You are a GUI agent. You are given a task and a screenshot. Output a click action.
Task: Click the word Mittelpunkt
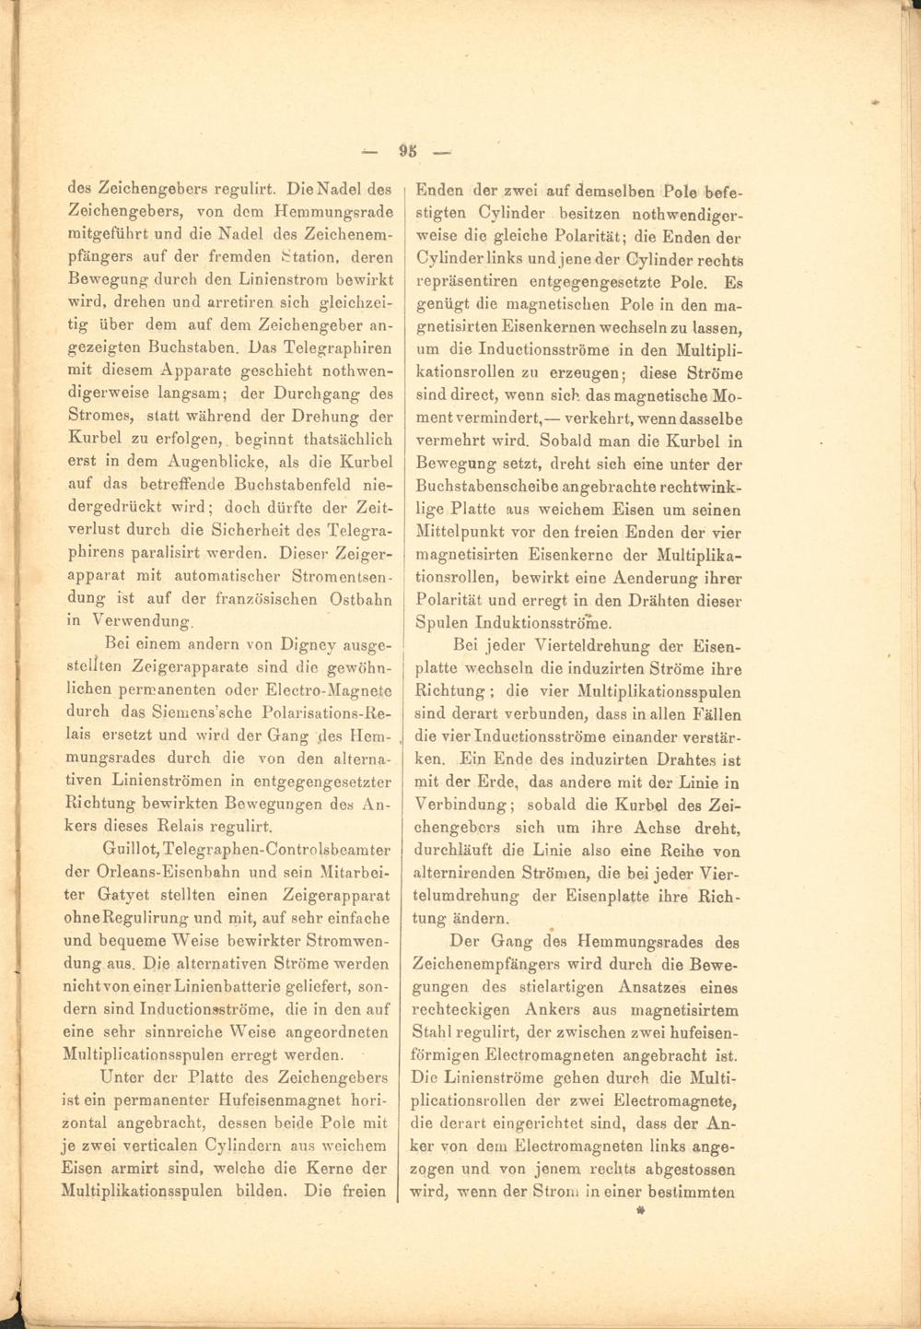click(465, 532)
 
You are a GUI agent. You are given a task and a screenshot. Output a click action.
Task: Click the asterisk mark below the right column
click(640, 1214)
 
